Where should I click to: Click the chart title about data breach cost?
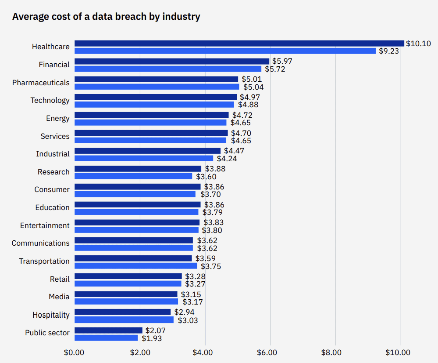pyautogui.click(x=106, y=17)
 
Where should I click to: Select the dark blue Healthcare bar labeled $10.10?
pyautogui.click(x=239, y=43)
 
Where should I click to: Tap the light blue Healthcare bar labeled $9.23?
pyautogui.click(x=225, y=51)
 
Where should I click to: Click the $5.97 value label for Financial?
pyautogui.click(x=282, y=61)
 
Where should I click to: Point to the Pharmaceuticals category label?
pyautogui.click(x=41, y=83)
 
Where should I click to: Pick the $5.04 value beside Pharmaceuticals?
pyautogui.click(x=253, y=87)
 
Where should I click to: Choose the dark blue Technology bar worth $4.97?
pyautogui.click(x=156, y=97)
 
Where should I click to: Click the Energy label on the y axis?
pyautogui.click(x=58, y=118)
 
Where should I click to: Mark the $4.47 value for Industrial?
pyautogui.click(x=234, y=151)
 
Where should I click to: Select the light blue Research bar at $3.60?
pyautogui.click(x=133, y=176)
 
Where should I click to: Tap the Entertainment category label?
pyautogui.click(x=45, y=225)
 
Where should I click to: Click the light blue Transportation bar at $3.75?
pyautogui.click(x=136, y=266)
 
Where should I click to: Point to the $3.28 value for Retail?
pyautogui.click(x=195, y=276)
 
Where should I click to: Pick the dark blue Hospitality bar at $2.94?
pyautogui.click(x=123, y=312)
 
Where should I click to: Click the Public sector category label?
pyautogui.click(x=47, y=333)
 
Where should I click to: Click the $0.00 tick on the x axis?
pyautogui.click(x=74, y=352)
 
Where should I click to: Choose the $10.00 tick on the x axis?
pyautogui.click(x=398, y=352)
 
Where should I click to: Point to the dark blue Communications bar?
pyautogui.click(x=134, y=240)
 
